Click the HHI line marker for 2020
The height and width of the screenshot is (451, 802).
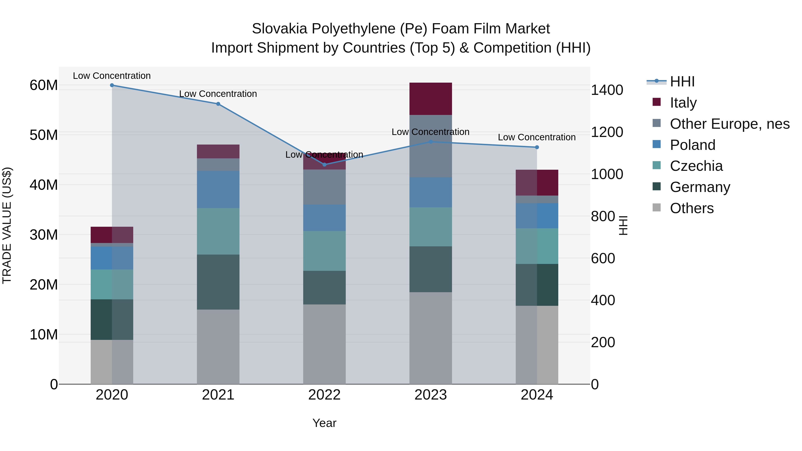[x=112, y=85]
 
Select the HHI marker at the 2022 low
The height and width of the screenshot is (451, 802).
[x=324, y=165]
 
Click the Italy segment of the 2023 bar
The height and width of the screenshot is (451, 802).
[x=431, y=99]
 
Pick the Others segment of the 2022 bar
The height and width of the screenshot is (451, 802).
[x=324, y=344]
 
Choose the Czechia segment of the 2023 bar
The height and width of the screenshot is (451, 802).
[x=431, y=227]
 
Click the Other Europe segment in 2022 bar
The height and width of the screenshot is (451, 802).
[x=324, y=187]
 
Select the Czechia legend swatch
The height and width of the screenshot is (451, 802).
[x=656, y=165]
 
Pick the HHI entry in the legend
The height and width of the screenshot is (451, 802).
[x=682, y=82]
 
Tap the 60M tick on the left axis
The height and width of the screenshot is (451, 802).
[x=44, y=85]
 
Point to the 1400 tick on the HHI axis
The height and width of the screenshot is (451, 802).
[x=607, y=90]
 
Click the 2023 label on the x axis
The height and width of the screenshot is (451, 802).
[x=431, y=395]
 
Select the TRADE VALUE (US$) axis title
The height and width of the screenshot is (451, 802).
[x=7, y=225]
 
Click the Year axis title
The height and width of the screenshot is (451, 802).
[x=324, y=423]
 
